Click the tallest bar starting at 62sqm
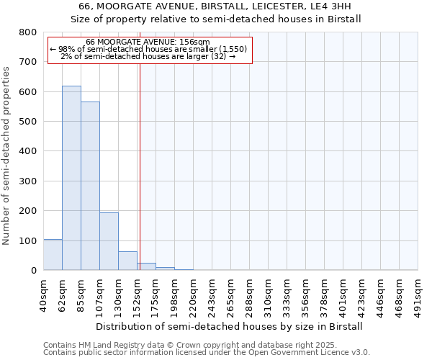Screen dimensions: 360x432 coord(71,178)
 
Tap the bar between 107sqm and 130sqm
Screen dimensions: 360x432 coord(109,241)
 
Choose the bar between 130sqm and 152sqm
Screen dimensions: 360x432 coord(127,261)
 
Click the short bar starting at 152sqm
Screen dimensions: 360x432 coord(147,266)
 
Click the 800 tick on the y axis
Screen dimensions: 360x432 coord(28,32)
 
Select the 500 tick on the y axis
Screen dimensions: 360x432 coord(28,122)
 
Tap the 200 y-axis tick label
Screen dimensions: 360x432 coord(28,211)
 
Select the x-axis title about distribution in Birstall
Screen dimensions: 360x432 coord(230,326)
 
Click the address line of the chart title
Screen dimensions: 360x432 coord(215,6)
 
